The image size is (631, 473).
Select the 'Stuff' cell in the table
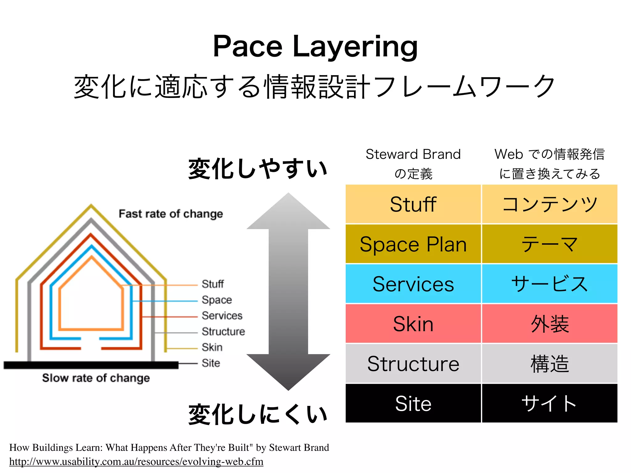pos(413,204)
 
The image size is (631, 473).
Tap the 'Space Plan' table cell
pos(413,244)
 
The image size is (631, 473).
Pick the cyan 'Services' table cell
pos(413,284)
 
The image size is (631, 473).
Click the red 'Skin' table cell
pos(413,324)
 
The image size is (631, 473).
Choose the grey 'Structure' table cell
pos(413,363)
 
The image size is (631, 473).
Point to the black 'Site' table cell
pos(413,403)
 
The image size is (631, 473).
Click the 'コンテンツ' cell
pos(550,204)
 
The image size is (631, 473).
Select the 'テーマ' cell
pos(550,244)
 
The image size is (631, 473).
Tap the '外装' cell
pos(550,324)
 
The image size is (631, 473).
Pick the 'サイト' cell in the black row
pos(550,403)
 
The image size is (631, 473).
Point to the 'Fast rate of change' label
pos(171,214)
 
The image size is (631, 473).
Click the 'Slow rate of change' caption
pos(96,378)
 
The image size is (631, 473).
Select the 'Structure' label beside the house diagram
pos(223,331)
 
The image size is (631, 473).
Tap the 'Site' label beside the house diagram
pos(211,363)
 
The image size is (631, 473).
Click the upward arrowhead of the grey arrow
pos(288,212)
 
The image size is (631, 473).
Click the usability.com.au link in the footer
pos(136,462)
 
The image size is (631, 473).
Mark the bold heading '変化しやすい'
pos(258,168)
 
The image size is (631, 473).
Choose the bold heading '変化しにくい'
pos(258,414)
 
